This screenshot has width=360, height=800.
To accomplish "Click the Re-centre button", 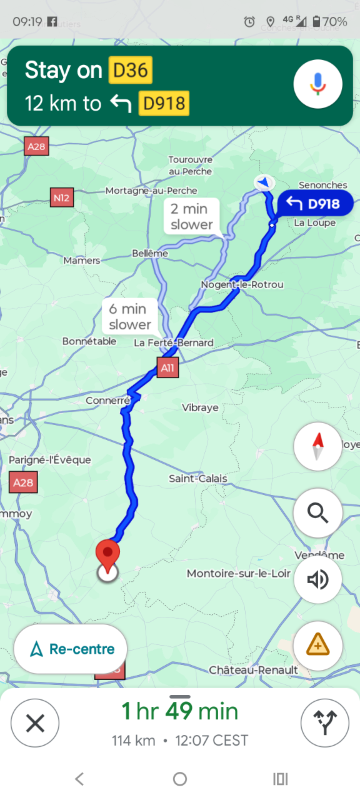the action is pyautogui.click(x=71, y=649).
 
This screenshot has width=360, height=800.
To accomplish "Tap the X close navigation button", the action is pyautogui.click(x=35, y=723).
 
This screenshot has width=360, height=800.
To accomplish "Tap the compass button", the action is pyautogui.click(x=317, y=446).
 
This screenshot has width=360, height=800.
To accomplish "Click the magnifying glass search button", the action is pyautogui.click(x=317, y=513).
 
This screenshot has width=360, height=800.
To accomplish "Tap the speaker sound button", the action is pyautogui.click(x=317, y=580).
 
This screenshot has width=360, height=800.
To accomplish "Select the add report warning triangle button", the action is pyautogui.click(x=317, y=645).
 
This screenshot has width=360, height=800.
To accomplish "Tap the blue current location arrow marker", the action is pyautogui.click(x=264, y=182).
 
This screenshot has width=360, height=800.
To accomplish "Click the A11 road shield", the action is pyautogui.click(x=167, y=368).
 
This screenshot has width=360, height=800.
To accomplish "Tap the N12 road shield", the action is pyautogui.click(x=61, y=198).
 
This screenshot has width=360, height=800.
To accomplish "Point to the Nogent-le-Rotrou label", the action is pyautogui.click(x=242, y=285).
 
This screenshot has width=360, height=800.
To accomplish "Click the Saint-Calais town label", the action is pyautogui.click(x=198, y=479).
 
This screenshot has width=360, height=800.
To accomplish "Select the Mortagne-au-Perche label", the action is pyautogui.click(x=151, y=191).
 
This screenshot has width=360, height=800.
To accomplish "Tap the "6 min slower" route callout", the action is pyautogui.click(x=130, y=316).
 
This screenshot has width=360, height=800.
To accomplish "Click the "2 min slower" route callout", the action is pyautogui.click(x=192, y=217).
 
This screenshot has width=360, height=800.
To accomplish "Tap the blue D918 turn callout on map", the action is pyautogui.click(x=315, y=204).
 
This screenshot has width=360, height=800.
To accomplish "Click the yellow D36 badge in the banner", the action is pyautogui.click(x=130, y=71).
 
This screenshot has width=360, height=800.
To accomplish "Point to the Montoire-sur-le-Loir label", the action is pyautogui.click(x=239, y=574).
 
